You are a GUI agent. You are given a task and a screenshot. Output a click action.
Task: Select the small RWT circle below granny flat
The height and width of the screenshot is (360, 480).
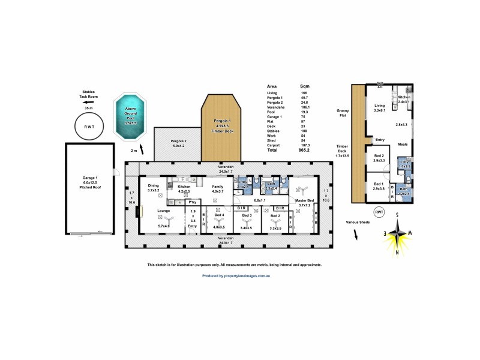point(379,212)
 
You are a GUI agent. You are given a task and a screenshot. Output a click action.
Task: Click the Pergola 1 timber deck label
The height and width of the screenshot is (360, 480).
point(221,125)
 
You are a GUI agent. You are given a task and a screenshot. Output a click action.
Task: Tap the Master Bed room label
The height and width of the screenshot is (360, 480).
point(305,202)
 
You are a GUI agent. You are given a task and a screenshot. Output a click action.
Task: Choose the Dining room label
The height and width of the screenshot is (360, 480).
point(153,188)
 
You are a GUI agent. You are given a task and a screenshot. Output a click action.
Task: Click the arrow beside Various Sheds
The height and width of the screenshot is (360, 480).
point(356,235)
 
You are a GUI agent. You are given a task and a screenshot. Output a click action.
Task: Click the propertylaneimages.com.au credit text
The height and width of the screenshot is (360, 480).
point(235,275)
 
